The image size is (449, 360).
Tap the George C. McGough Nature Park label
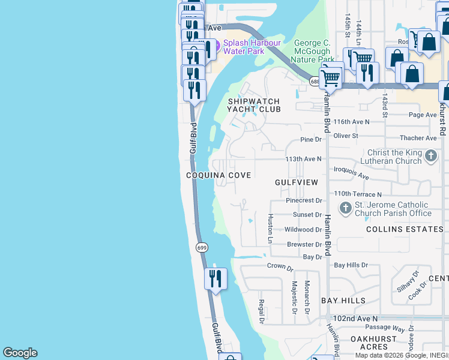314,51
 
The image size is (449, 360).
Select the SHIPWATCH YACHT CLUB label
254,106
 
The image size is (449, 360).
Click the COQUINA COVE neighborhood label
218,175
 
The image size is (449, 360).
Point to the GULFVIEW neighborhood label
296,181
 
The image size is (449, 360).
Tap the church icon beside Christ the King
430,156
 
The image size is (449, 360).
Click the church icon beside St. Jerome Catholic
345,208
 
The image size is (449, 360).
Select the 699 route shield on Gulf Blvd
202,247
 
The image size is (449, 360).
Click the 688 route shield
315,80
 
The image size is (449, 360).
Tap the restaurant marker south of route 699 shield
214,278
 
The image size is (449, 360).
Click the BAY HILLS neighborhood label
343,300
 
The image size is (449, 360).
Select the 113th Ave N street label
303,159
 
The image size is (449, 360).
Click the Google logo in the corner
20,353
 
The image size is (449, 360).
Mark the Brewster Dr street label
304,245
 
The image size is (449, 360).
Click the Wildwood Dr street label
303,230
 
